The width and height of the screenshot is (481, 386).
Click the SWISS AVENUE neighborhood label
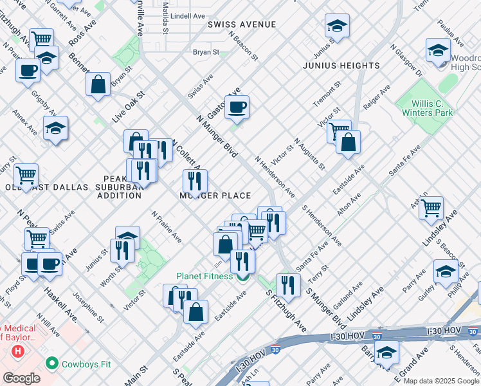(241, 24)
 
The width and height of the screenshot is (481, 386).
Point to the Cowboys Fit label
(86, 364)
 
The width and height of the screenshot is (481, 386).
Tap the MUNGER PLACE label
(215, 196)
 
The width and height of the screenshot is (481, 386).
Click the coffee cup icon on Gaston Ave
(237, 107)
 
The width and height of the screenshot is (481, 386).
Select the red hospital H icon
(18, 352)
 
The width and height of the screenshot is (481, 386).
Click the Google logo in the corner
(22, 378)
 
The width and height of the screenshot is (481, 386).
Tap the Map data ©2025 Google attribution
(441, 381)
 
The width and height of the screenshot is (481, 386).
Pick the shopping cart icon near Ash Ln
(430, 207)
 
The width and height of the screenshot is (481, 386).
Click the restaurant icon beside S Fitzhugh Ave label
(288, 285)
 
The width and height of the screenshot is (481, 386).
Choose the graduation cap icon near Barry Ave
(386, 351)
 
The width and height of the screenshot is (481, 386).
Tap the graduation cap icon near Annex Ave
(56, 128)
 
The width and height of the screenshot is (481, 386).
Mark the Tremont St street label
(325, 95)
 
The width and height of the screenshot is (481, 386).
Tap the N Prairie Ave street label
(167, 227)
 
